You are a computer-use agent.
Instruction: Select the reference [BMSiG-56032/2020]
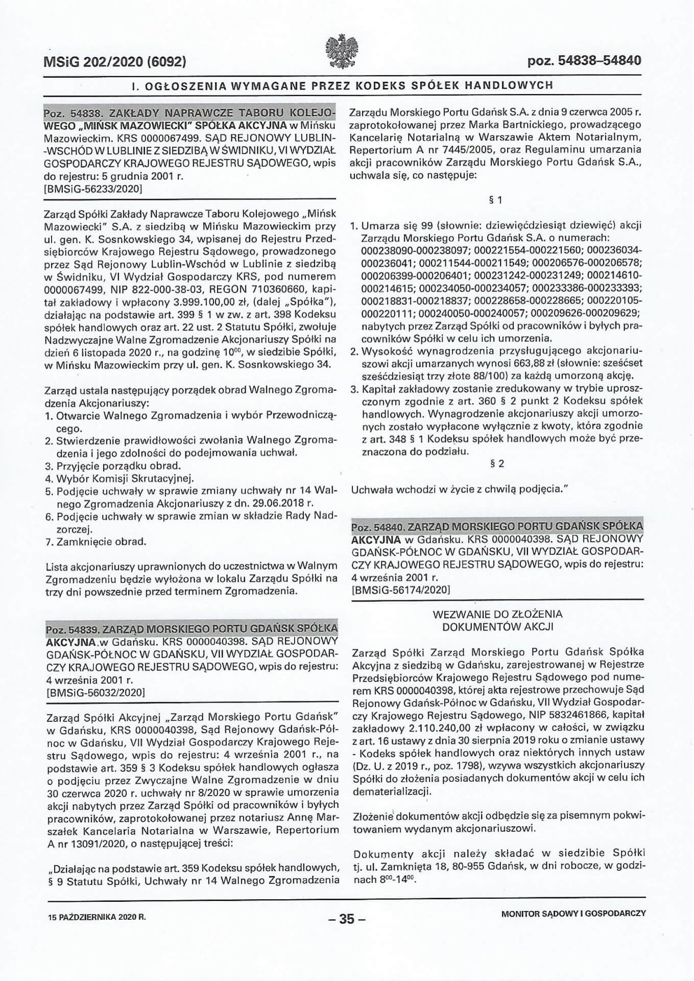click(x=95, y=693)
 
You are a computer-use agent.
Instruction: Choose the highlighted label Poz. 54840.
click(x=377, y=526)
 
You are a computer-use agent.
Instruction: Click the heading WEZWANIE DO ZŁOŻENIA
click(x=497, y=614)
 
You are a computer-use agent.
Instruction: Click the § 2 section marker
click(x=497, y=463)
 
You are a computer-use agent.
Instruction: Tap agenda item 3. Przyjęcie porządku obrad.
click(x=113, y=466)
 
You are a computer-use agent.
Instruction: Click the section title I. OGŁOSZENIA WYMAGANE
click(x=342, y=85)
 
